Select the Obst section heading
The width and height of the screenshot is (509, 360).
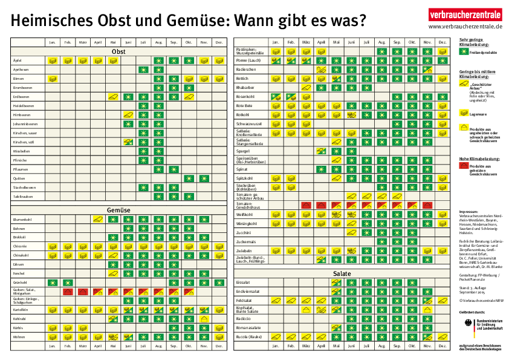pos(118,51)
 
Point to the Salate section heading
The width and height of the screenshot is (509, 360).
pos(342,273)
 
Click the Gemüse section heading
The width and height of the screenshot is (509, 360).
pos(118,210)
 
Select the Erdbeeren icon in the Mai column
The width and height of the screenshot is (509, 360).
pos(113,97)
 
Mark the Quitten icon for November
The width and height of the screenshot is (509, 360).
pos(204,178)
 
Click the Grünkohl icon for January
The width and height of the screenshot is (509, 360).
pos(53,283)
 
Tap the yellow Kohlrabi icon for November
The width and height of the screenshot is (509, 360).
pos(204,319)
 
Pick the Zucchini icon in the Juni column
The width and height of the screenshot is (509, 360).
pos(352,232)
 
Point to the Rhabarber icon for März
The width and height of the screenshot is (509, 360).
pos(306,88)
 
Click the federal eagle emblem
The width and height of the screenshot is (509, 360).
pos(464,324)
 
